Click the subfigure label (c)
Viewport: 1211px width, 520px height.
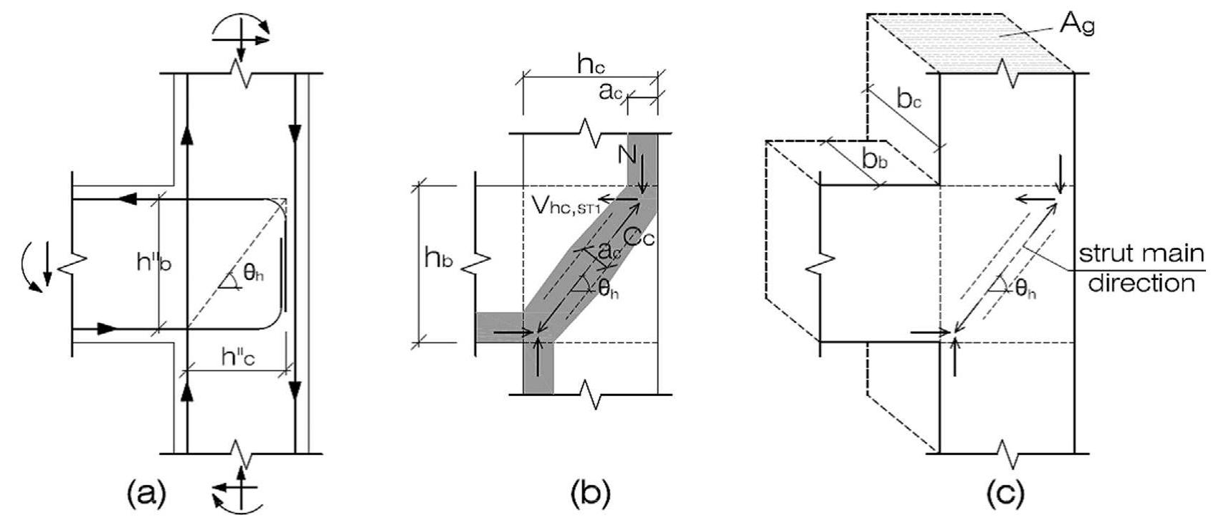(x=1002, y=493)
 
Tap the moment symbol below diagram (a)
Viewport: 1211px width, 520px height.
(x=237, y=487)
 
